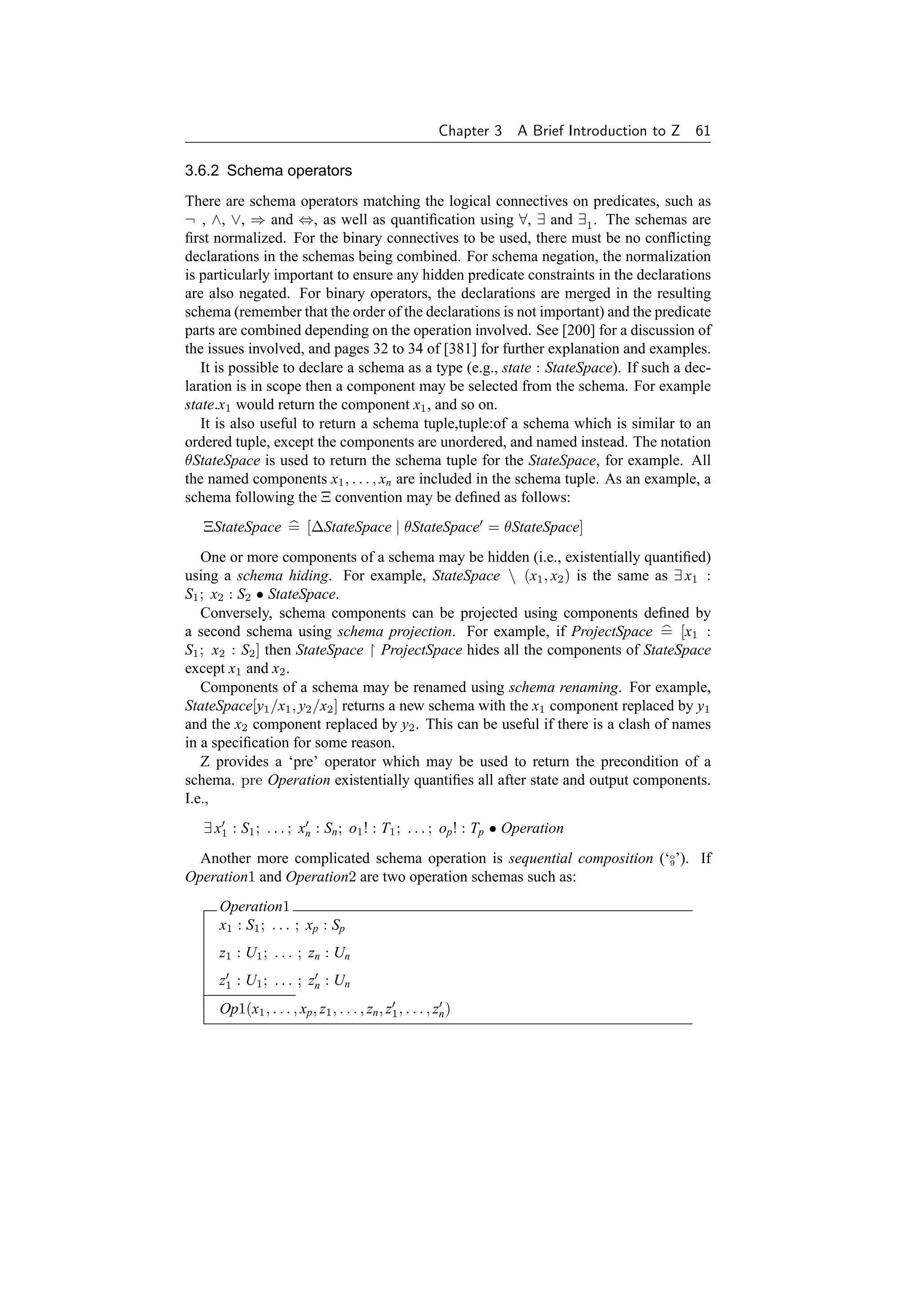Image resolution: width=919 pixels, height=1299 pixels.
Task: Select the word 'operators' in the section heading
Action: click(x=320, y=171)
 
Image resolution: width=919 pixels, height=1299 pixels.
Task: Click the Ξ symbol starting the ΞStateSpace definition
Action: click(x=208, y=527)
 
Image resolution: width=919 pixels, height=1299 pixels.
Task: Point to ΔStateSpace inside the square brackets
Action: click(x=351, y=527)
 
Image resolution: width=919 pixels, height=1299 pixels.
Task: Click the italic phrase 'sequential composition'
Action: click(x=581, y=858)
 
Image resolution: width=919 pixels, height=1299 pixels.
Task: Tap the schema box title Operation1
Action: click(x=254, y=907)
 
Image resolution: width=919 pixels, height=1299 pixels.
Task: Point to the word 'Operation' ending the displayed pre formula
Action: click(x=532, y=828)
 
